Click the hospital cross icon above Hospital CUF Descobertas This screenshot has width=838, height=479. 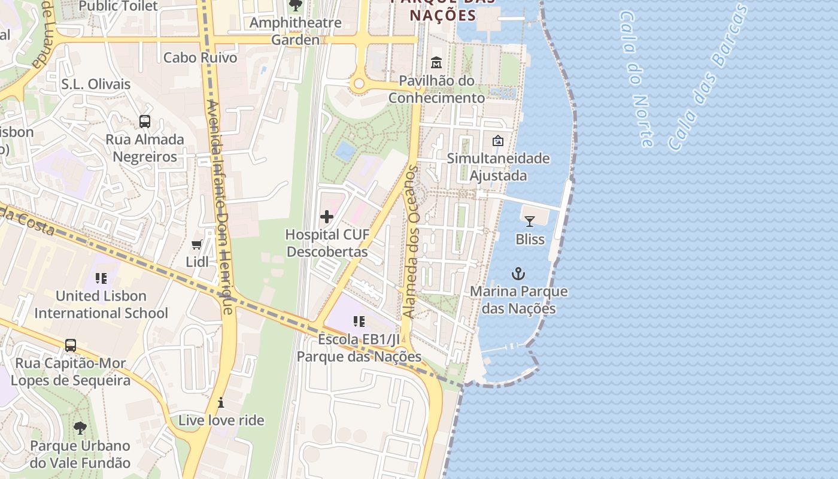[327, 216]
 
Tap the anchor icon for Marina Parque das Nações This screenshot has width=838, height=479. [518, 274]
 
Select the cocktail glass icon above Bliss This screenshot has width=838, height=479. [530, 222]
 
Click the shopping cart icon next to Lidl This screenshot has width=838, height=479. [196, 244]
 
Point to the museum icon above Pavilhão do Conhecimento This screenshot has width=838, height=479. [436, 62]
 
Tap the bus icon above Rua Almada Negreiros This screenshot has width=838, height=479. [145, 122]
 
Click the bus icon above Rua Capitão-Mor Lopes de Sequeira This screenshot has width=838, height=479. [71, 345]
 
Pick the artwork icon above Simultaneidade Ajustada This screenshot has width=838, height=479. [497, 141]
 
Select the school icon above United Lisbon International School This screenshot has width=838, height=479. [101, 278]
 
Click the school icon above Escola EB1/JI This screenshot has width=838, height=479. [359, 322]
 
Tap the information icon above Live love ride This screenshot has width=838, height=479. [221, 402]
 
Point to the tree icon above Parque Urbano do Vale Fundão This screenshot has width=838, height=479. [80, 428]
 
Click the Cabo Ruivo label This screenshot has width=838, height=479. [200, 58]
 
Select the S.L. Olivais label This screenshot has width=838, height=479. [96, 84]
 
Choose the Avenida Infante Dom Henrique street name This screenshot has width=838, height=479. [219, 204]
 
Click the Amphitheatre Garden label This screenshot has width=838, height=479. [296, 31]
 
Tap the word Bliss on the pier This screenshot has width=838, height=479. [530, 239]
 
